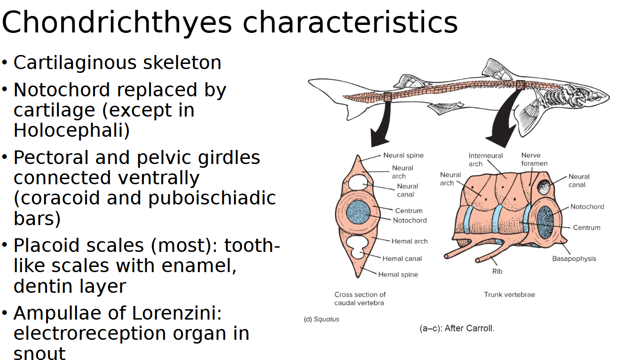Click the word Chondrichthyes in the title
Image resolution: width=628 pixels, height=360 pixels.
click(117, 22)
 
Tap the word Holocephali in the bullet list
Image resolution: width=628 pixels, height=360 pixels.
click(71, 130)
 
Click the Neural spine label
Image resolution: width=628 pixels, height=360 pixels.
click(403, 156)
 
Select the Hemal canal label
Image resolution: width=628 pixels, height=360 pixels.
click(402, 258)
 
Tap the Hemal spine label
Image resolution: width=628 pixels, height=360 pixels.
click(398, 274)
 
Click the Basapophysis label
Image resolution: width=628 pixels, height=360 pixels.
click(574, 258)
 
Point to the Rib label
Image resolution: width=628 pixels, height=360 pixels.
click(497, 271)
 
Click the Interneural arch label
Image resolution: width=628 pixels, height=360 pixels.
click(486, 159)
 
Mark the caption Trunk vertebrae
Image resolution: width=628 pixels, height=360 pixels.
click(510, 295)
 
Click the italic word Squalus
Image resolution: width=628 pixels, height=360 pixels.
click(326, 319)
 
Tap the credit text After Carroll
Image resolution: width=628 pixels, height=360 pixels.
click(457, 329)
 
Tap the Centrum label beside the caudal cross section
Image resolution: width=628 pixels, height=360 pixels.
click(408, 211)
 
